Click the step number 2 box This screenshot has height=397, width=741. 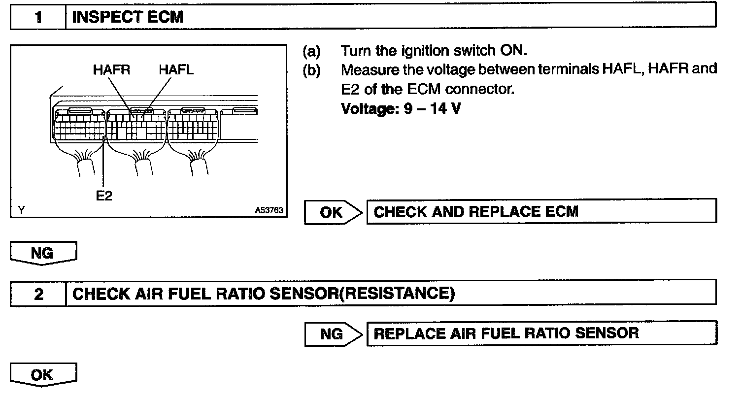point(38,294)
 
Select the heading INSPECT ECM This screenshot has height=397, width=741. point(128,18)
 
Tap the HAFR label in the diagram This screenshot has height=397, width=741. point(111,70)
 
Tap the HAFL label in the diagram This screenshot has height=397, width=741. point(176,70)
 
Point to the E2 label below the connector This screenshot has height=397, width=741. point(104,196)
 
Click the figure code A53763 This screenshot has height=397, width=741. point(269,210)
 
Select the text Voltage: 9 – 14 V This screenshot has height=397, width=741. point(401,108)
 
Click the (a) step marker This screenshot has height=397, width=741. point(311,51)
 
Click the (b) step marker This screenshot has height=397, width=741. point(311,70)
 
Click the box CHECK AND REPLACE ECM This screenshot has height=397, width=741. point(541,212)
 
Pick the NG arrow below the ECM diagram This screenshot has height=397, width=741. point(43,253)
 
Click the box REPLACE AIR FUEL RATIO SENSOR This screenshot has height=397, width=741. point(541,333)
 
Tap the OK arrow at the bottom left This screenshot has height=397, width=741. point(43,375)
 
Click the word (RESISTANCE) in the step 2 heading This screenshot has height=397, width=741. point(397,294)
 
